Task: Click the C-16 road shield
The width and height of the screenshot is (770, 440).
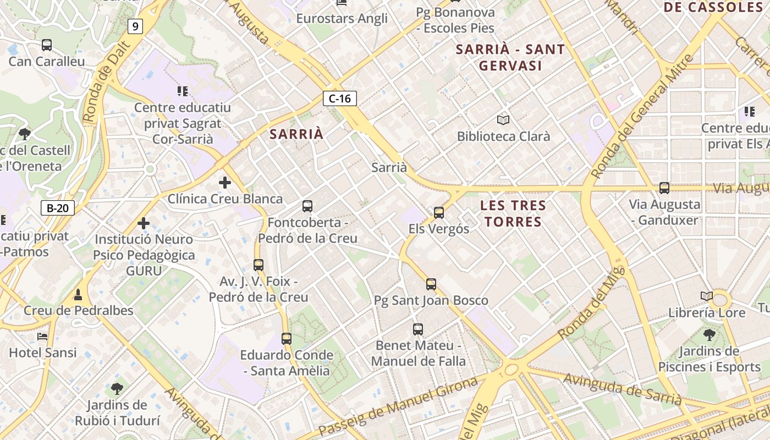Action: pos(340,98)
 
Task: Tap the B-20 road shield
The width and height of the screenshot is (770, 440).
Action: pos(57,208)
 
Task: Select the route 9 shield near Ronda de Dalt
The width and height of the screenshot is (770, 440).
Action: pos(135,26)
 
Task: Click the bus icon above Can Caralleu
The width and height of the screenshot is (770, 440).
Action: pos(47,45)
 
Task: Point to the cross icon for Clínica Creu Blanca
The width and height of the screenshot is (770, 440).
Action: pos(224,182)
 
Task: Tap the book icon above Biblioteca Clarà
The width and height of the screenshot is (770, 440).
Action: pos(503,119)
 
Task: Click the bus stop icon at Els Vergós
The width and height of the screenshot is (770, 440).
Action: pos(438,212)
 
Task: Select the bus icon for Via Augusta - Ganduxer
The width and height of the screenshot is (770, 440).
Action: pos(664,188)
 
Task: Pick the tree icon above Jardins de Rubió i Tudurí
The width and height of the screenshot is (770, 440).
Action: pos(117,389)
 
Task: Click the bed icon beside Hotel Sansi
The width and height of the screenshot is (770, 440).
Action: pos(42,337)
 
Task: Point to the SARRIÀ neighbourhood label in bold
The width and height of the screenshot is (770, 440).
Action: pos(296,134)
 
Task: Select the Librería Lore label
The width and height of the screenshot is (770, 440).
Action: pos(707,312)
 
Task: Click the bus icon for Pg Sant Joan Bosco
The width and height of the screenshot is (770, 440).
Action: pos(431,284)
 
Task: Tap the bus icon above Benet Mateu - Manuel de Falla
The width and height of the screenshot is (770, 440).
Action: pos(418,329)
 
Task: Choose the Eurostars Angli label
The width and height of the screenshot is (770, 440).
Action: pos(342,18)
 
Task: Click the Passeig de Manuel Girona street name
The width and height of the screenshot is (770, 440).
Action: pos(398,406)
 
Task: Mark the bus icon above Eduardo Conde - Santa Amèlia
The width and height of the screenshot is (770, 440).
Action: pos(287,339)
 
